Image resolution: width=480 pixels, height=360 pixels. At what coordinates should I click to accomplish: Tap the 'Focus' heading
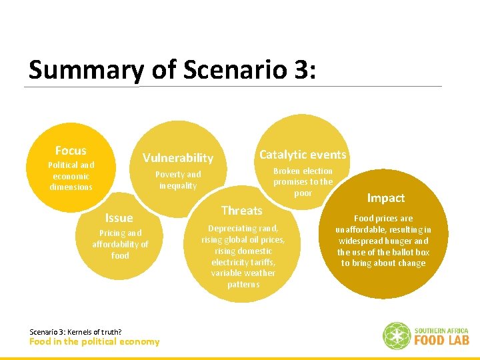click(x=71, y=151)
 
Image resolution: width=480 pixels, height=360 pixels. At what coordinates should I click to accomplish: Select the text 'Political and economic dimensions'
click(x=71, y=176)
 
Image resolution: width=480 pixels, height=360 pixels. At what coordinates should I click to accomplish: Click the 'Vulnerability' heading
click(x=177, y=158)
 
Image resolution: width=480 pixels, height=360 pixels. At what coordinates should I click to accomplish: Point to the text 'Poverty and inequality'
click(x=178, y=180)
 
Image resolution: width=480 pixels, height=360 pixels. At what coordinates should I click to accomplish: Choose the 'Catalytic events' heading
click(x=303, y=155)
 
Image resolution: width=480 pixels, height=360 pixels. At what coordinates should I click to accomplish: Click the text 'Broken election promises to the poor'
click(x=303, y=181)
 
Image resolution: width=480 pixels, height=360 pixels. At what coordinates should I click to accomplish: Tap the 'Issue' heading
click(x=119, y=218)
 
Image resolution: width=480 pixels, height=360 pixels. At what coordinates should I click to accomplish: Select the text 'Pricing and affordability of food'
click(x=120, y=244)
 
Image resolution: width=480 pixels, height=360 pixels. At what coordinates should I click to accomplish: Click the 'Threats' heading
click(x=241, y=211)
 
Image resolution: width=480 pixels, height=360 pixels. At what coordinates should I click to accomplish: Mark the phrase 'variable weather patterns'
click(x=243, y=279)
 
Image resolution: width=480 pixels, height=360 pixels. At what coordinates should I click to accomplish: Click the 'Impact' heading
click(x=385, y=198)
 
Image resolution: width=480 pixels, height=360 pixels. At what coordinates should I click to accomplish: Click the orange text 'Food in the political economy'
click(x=95, y=342)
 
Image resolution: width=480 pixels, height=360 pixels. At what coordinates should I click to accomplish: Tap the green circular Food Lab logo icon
click(x=396, y=335)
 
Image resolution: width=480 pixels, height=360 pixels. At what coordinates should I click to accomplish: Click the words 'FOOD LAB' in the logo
click(x=441, y=340)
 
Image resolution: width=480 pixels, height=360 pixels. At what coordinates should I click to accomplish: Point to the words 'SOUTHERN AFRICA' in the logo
click(x=441, y=330)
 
